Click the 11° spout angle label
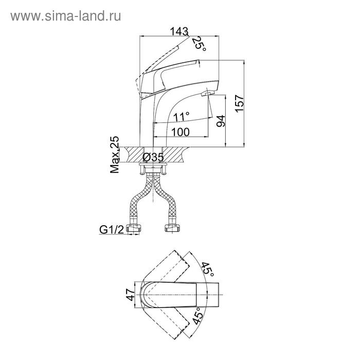181,116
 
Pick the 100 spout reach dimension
180,132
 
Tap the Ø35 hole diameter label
153,157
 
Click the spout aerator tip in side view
207,94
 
